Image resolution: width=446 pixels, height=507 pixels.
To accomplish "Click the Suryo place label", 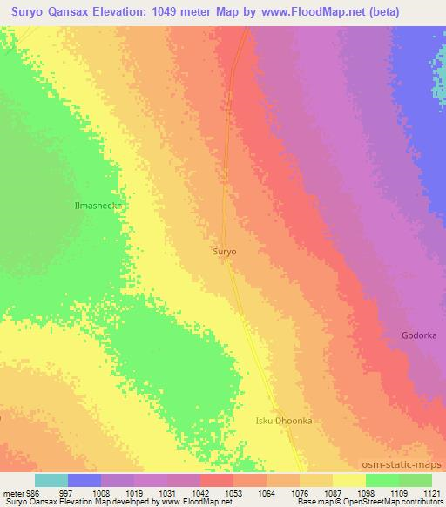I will click(225, 251).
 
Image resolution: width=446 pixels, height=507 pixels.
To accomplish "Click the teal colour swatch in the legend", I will click(51, 480).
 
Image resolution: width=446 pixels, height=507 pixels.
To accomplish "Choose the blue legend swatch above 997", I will click(84, 480).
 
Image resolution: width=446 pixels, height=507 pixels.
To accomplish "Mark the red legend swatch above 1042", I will click(216, 480).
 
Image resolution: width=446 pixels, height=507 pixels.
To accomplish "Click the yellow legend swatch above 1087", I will click(348, 480).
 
